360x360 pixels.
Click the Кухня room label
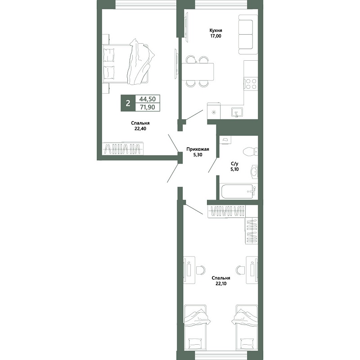[216, 30]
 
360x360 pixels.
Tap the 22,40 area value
[140, 129]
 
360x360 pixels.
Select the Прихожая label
[198, 149]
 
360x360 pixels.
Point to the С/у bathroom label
[234, 164]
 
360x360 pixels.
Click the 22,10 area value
[221, 283]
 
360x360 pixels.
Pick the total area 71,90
[148, 107]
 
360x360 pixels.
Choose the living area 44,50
[148, 99]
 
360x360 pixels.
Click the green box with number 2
[128, 103]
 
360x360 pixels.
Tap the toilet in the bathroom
[250, 152]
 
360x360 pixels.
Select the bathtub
[238, 191]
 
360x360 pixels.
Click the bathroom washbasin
[254, 171]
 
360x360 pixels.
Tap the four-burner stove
[251, 84]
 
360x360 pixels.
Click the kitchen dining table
[198, 72]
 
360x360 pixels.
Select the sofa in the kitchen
[248, 35]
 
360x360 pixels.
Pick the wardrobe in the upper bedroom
[122, 149]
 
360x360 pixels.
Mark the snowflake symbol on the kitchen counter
[214, 112]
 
